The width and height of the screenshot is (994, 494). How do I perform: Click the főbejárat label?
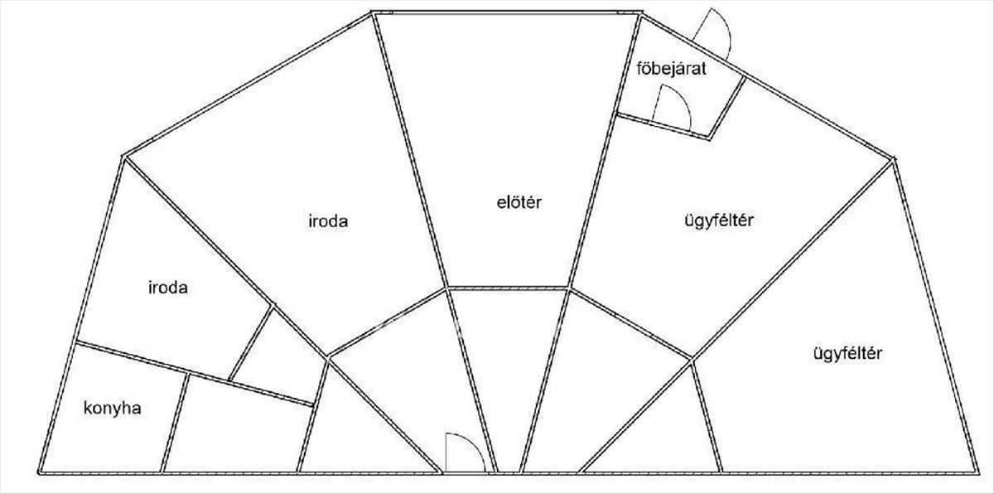[x=670, y=69]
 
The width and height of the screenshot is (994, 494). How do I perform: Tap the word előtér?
[x=513, y=201]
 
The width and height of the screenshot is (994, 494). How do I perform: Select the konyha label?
[x=113, y=408]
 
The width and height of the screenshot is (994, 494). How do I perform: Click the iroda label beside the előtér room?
[x=326, y=221]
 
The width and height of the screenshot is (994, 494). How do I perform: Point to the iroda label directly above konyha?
[x=167, y=288]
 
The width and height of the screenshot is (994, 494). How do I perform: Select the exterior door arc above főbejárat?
[x=714, y=33]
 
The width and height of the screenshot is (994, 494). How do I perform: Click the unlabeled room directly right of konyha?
[x=236, y=427]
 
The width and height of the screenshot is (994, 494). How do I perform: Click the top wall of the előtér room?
[x=505, y=12]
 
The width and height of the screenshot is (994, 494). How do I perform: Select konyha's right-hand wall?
[x=174, y=423]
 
